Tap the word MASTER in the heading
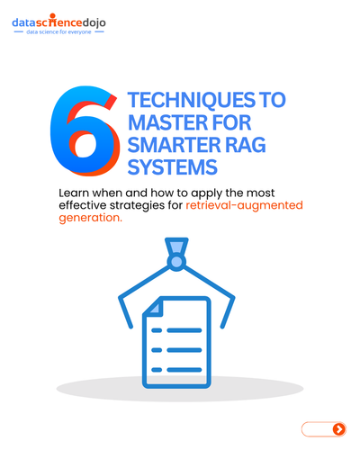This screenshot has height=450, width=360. click(x=167, y=122)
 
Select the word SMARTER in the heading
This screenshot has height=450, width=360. click(x=174, y=145)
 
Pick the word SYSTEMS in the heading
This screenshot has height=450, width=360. click(x=173, y=167)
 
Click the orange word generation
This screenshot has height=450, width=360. click(x=91, y=218)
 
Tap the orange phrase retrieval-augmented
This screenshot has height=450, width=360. click(x=244, y=205)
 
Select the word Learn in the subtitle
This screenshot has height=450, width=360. click(x=74, y=193)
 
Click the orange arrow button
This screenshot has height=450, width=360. click(x=339, y=429)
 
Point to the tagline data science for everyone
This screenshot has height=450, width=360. click(x=58, y=31)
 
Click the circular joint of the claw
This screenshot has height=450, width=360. click(x=176, y=262)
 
